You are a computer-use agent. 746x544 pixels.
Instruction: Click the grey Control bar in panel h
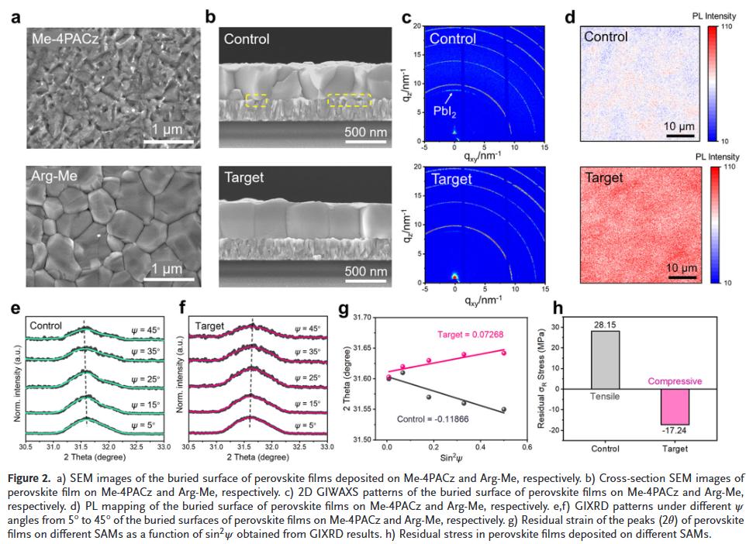click(605, 359)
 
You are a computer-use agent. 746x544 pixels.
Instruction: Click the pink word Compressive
click(675, 381)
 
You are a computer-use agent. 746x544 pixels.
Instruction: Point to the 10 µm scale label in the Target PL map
click(682, 268)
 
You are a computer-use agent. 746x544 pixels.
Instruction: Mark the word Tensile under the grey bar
click(606, 396)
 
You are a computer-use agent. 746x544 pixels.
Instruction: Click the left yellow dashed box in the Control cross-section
click(257, 99)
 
